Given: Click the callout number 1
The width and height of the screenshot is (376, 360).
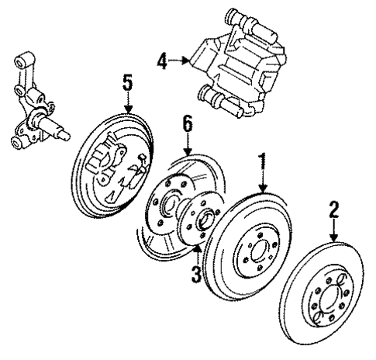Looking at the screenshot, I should [x=264, y=161].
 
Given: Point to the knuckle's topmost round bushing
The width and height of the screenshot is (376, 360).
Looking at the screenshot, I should [x=22, y=60].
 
